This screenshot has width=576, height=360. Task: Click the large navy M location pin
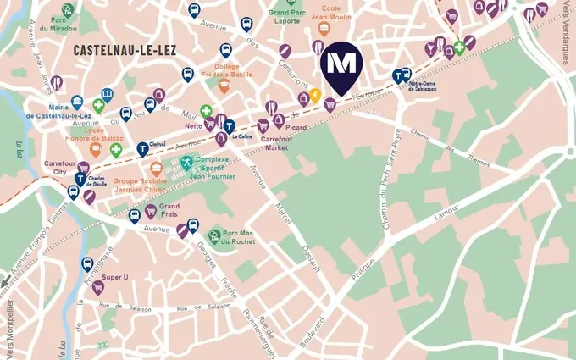342,65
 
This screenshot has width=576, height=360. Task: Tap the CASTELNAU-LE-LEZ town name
125,50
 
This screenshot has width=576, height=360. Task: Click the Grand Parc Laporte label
291,19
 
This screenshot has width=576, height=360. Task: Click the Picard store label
296,128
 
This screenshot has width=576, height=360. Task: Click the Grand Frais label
169,210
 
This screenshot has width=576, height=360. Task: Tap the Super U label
114,278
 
